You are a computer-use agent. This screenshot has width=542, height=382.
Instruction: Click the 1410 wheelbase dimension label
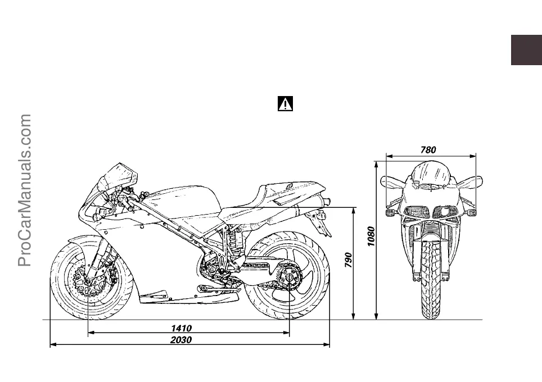click(181, 328)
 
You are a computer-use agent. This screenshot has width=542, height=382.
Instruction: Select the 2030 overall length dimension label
click(181, 340)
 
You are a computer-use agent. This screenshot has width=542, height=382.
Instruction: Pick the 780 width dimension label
click(428, 149)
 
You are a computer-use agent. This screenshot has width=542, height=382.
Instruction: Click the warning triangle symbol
click(286, 104)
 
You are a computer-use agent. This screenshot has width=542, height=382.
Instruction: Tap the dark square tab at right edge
click(526, 50)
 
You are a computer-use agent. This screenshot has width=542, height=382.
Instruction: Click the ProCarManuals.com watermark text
click(25, 191)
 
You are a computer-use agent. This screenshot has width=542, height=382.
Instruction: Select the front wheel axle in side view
click(88, 280)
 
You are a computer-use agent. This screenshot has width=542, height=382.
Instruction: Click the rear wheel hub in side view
click(289, 279)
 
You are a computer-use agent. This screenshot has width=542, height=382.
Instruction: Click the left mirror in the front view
click(392, 182)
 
